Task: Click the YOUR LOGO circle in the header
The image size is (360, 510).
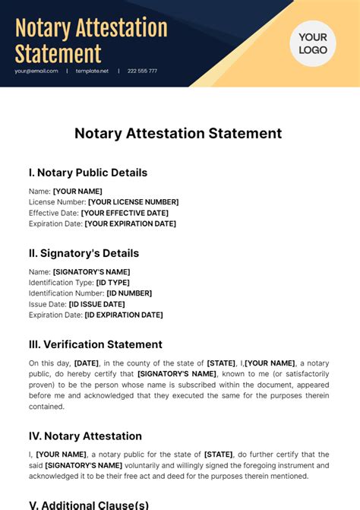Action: click(x=312, y=43)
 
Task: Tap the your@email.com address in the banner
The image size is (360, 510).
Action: click(x=36, y=71)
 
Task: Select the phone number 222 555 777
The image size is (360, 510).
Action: click(x=142, y=71)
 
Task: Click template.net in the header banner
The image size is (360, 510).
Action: click(x=92, y=71)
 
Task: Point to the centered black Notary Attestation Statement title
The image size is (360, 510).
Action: click(x=178, y=133)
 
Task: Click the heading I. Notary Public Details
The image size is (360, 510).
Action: click(x=88, y=173)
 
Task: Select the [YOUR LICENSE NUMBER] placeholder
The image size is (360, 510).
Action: click(x=133, y=202)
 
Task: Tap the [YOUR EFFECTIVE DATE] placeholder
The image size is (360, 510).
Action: click(x=125, y=213)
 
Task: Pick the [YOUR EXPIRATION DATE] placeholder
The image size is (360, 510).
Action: click(x=130, y=224)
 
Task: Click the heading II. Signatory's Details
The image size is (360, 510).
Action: click(x=84, y=253)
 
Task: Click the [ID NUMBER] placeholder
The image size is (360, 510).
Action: click(x=129, y=293)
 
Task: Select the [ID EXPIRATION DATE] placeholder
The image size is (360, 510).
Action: click(x=123, y=315)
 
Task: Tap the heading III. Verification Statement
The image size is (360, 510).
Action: click(x=96, y=344)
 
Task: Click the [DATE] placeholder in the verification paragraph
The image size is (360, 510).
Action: click(x=86, y=363)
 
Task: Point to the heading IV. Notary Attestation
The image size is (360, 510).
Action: click(x=85, y=436)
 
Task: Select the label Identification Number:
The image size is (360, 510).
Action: click(x=66, y=293)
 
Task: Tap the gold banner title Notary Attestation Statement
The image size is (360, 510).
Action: click(x=91, y=41)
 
